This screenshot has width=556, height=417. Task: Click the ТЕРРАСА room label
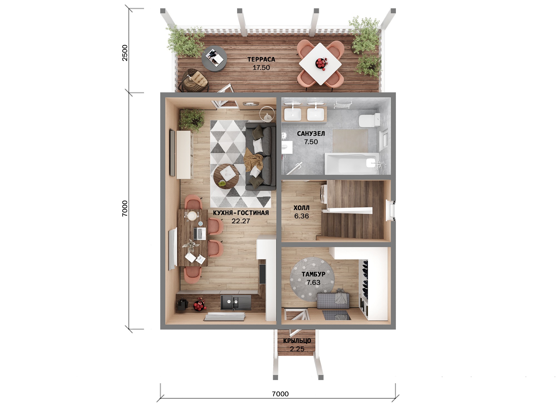pos(261,59)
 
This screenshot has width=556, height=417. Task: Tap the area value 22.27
pos(241,221)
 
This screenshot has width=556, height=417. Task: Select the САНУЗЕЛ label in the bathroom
pos(311,134)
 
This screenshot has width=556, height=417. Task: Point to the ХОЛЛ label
pos(301,208)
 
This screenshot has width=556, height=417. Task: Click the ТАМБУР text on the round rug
pos(313,274)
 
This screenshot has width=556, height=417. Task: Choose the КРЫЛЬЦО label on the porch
pos(297,341)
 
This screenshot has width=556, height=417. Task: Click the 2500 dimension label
pos(125,53)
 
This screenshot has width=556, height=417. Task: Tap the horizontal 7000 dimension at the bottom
pos(280,394)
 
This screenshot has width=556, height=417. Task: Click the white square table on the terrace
pos(320,64)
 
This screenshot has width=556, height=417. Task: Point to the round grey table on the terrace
pos(214,58)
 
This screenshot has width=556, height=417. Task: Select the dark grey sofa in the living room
pos(260,157)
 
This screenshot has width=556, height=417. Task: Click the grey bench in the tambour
pos(333,300)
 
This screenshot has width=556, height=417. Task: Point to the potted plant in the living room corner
pos(192,120)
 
